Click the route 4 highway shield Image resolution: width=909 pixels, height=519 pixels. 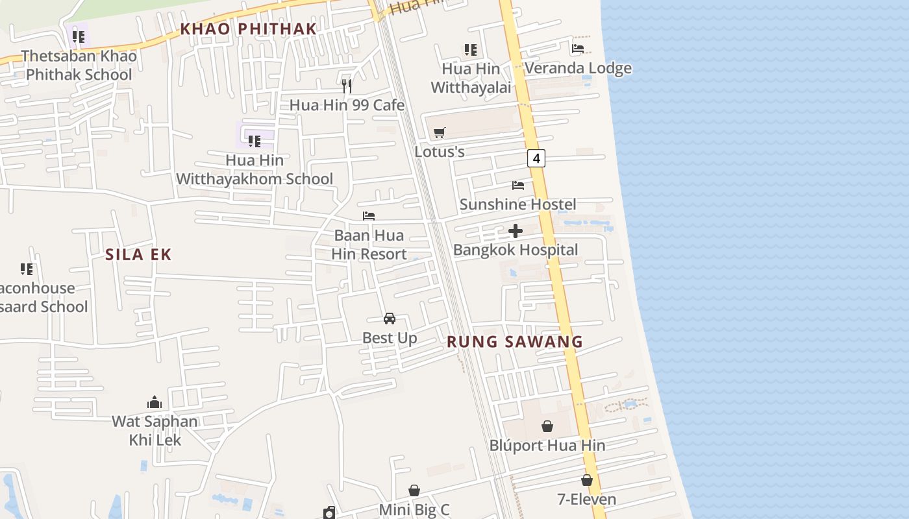536,158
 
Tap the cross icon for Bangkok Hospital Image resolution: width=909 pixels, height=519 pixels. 516,231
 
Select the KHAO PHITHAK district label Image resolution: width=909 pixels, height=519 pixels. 248,29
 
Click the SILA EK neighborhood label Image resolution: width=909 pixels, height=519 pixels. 138,254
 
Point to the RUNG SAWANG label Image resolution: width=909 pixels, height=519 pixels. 515,341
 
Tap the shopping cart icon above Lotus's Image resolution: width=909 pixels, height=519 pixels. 440,133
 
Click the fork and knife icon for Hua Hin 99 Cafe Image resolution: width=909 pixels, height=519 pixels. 347,86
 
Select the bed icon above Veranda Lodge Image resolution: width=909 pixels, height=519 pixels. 578,49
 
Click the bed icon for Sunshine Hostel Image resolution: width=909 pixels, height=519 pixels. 517,186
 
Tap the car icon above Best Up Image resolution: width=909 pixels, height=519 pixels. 390,319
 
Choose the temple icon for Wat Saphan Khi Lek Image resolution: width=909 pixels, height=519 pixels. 155,402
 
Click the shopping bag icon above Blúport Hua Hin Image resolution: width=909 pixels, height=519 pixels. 547,426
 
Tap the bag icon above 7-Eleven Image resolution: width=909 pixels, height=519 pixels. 587,480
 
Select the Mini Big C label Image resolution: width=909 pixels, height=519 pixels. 414,509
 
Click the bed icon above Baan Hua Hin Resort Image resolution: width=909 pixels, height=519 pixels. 369,216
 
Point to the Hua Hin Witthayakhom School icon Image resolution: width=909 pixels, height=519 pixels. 255,140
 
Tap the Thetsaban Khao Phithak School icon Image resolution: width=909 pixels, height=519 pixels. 79,36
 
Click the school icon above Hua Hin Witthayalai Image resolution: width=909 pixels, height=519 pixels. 471,49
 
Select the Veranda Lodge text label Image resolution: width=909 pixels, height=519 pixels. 578,68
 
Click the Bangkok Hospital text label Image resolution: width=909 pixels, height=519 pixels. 516,250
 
